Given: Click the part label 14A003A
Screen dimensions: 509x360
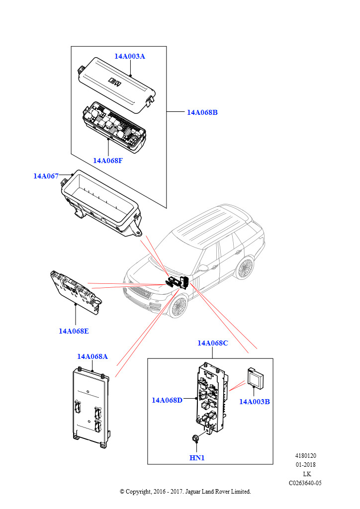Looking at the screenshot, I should [x=130, y=56].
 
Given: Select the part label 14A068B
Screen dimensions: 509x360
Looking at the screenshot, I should [x=202, y=112].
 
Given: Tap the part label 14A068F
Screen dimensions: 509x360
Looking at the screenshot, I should [x=108, y=160].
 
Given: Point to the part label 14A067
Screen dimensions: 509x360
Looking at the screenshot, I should [x=46, y=176].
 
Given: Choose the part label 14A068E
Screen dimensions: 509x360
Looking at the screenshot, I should [x=74, y=331].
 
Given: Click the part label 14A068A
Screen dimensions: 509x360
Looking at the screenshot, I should [x=92, y=356].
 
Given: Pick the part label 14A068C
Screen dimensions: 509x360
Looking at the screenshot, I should [x=212, y=343].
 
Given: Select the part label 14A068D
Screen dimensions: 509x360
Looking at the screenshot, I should [x=167, y=400].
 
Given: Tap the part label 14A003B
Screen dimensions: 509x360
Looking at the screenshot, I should [x=255, y=402].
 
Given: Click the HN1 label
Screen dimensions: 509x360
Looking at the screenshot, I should [x=197, y=457].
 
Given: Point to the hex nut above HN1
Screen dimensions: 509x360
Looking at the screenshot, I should [x=196, y=438].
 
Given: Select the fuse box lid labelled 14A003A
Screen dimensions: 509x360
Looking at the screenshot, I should [x=117, y=82].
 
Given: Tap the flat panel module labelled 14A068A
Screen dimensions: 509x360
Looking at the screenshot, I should [x=90, y=405].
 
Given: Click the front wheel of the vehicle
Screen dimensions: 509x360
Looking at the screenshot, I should [x=177, y=307].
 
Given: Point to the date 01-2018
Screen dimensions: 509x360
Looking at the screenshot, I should [x=306, y=465].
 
